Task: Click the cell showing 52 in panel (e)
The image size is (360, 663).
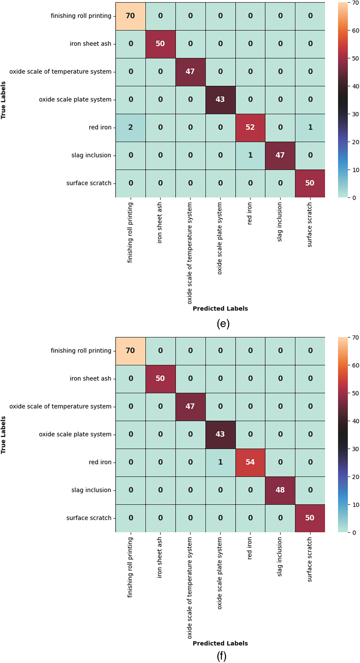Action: [250, 128]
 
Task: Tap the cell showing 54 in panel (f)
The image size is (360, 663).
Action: [250, 462]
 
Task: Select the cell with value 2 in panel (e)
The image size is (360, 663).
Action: [130, 128]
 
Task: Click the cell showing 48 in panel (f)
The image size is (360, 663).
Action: [280, 490]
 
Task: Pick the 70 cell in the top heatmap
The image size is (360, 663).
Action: [130, 16]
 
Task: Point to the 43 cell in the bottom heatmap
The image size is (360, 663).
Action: [220, 434]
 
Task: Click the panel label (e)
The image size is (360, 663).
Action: [223, 324]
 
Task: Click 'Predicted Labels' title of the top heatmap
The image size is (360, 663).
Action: [220, 309]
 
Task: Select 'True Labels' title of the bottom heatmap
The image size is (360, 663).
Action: [3, 435]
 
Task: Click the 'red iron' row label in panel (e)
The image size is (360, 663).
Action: [100, 128]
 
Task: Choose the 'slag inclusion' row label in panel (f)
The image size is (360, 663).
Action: [91, 490]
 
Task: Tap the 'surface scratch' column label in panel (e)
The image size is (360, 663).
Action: [310, 225]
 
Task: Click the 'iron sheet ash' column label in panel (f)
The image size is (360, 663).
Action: [159, 557]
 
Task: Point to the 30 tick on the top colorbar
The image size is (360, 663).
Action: [355, 114]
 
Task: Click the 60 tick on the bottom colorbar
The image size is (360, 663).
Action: [355, 365]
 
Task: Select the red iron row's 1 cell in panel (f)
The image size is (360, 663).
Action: [220, 462]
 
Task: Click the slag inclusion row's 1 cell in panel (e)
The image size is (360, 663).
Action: [250, 155]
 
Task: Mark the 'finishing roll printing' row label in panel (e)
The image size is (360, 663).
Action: [81, 16]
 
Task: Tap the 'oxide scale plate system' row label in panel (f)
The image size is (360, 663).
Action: [75, 434]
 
